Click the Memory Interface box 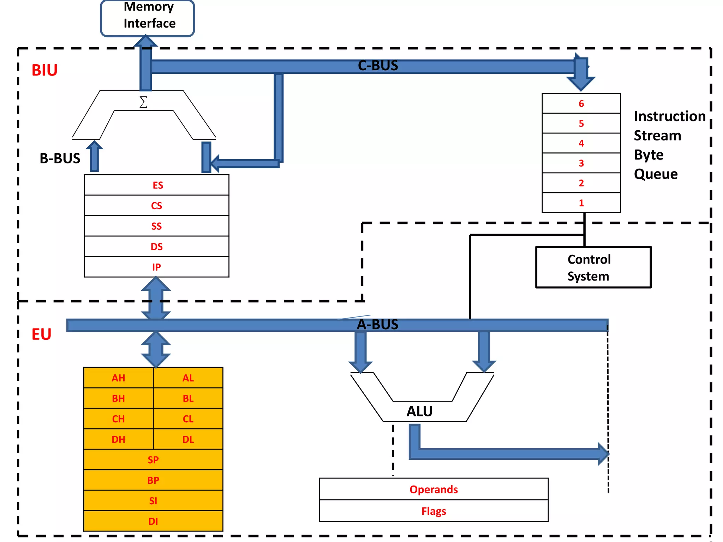coord(148,18)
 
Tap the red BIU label coord(44,70)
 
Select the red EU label coord(41,334)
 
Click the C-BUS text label coord(378,66)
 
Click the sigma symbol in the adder coord(143,102)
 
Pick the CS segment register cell coord(156,206)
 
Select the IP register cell coord(156,267)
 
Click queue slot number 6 coord(581,103)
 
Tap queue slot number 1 coord(581,203)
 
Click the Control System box coord(593,267)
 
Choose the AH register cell coord(118,378)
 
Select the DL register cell coord(188,439)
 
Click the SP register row coord(153,460)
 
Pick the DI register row coord(153,521)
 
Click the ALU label coord(419,411)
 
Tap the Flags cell coord(434,511)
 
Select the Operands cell coord(434,489)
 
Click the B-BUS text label coord(60,158)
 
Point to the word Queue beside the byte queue coord(656,174)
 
